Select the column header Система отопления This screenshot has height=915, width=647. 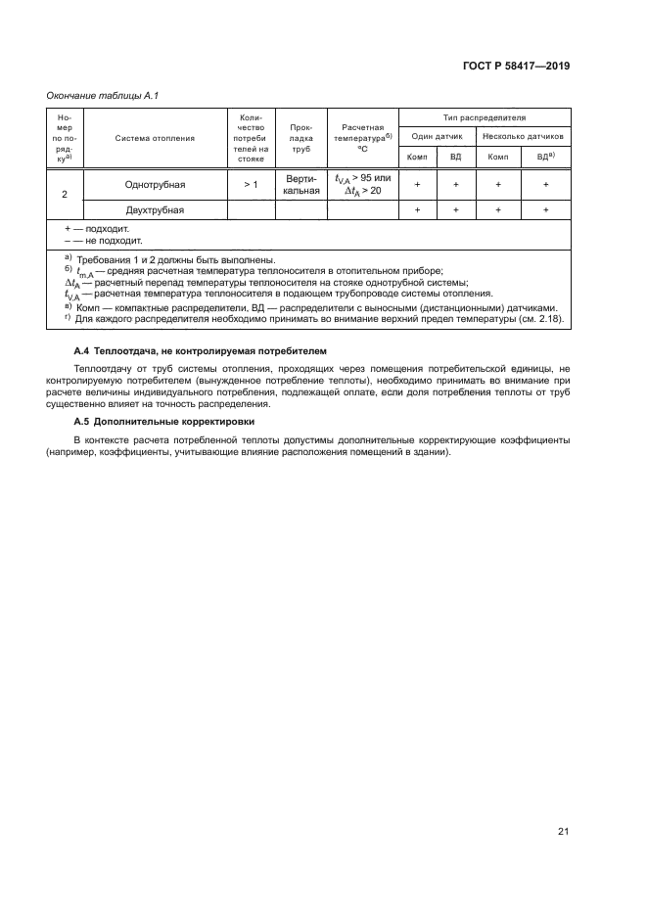pos(155,138)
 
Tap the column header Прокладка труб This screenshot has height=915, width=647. pos(300,138)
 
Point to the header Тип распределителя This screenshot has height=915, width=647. pos(484,116)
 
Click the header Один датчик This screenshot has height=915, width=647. pos(437,137)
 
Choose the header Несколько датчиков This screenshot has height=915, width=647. pos(523,137)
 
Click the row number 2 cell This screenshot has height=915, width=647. pos(64,194)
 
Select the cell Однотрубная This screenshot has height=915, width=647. pos(155,184)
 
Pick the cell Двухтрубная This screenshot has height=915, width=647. pos(155,209)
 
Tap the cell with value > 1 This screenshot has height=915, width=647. pos(251,184)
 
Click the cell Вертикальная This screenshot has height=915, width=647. pos(300,184)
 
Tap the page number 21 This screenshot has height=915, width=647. pos(563,832)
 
